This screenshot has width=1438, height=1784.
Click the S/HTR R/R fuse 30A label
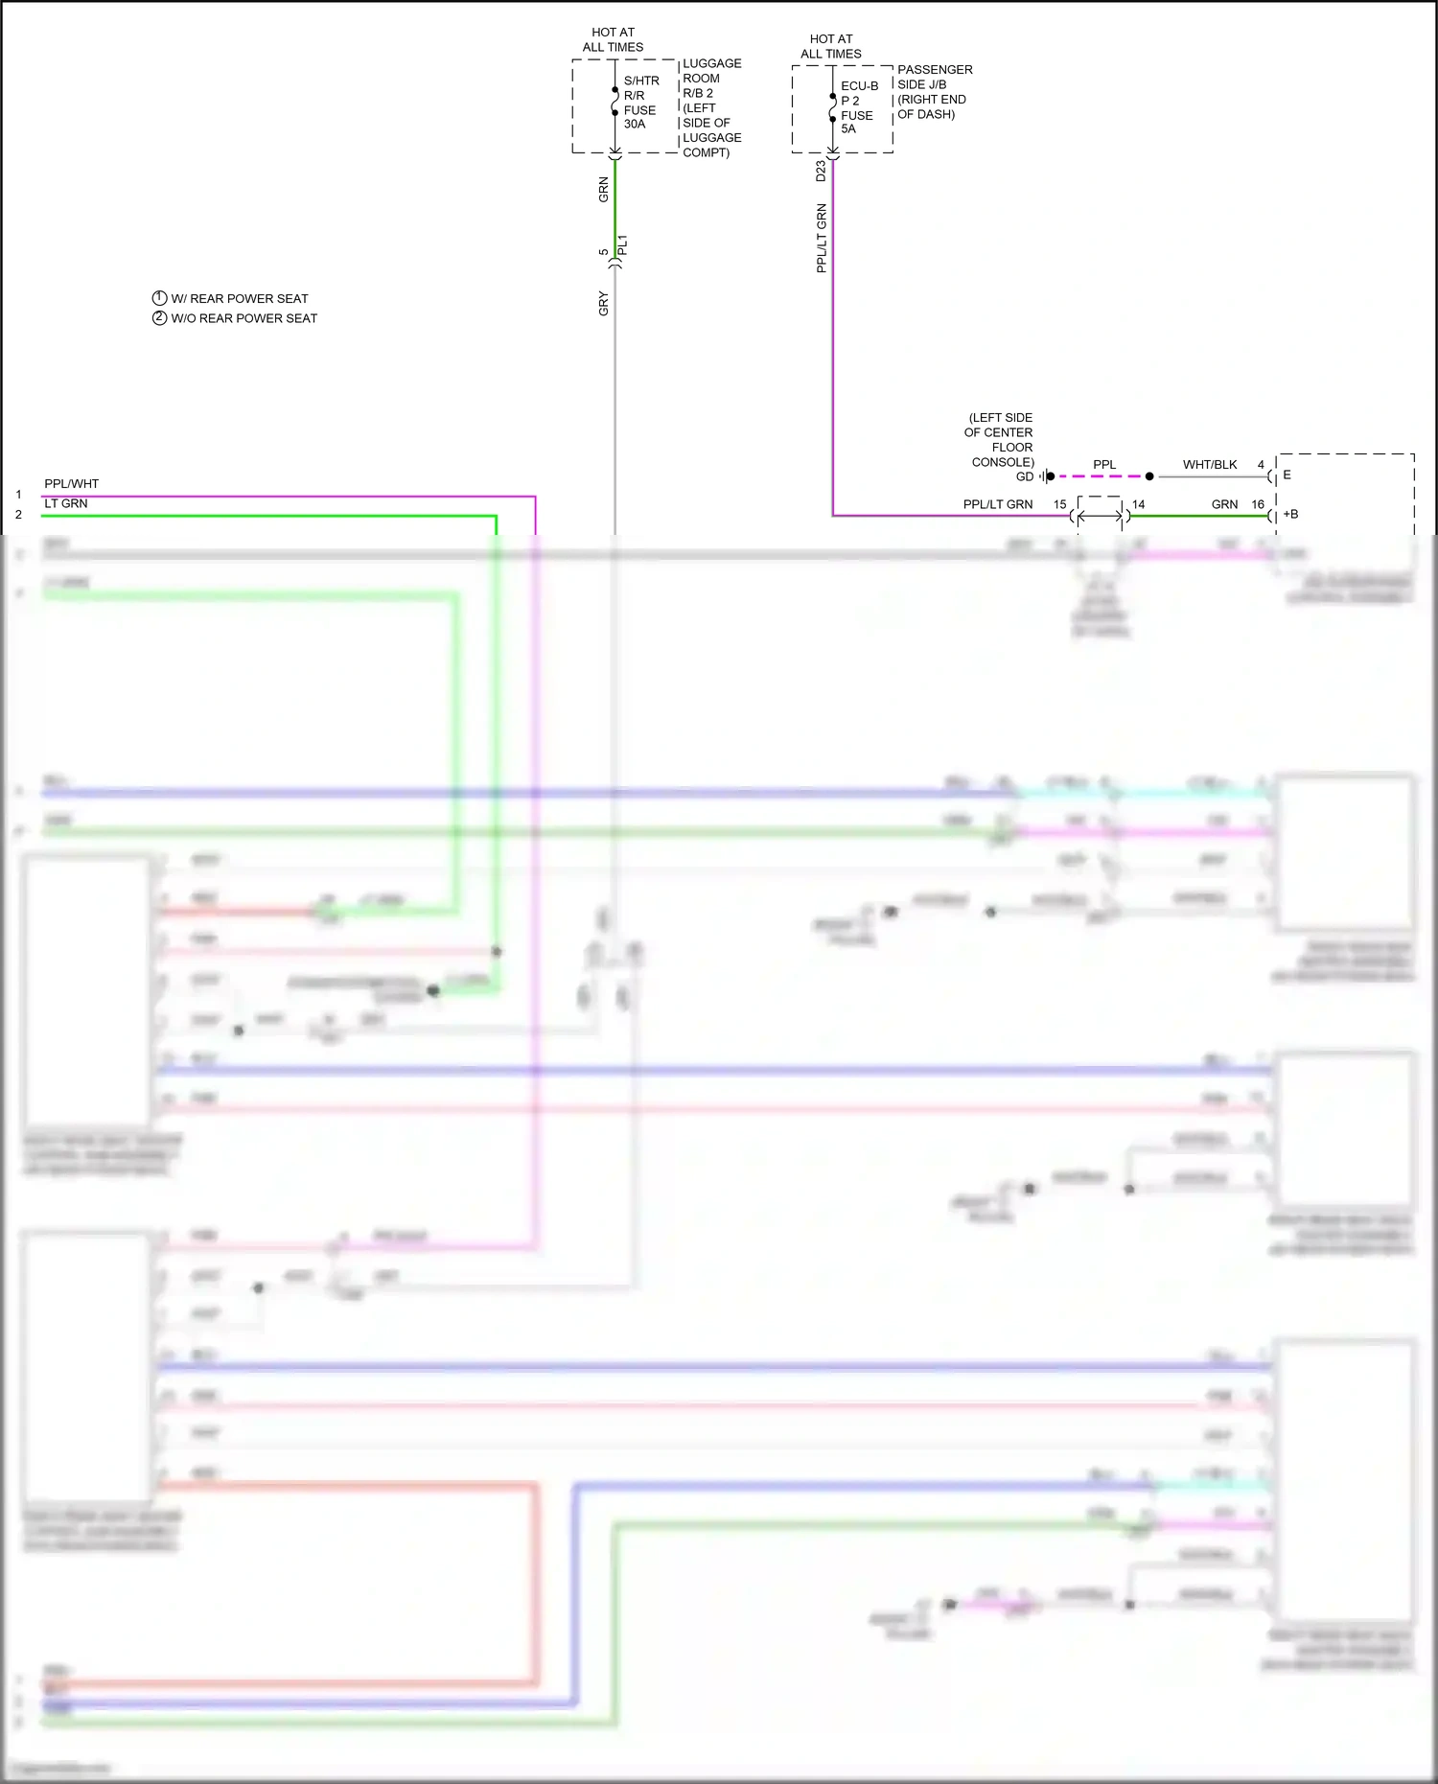pyautogui.click(x=640, y=102)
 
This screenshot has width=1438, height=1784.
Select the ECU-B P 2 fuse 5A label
pyautogui.click(x=858, y=107)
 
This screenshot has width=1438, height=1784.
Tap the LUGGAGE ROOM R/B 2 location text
pyautogui.click(x=711, y=107)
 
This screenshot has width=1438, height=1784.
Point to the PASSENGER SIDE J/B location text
pyautogui.click(x=934, y=92)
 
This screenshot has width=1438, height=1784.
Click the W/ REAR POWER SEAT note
pyautogui.click(x=239, y=299)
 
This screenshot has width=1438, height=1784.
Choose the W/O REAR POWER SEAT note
pyautogui.click(x=244, y=318)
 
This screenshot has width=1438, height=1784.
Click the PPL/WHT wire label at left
pyautogui.click(x=71, y=484)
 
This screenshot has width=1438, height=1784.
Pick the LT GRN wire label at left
pyautogui.click(x=65, y=503)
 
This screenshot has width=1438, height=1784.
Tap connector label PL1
pyautogui.click(x=622, y=245)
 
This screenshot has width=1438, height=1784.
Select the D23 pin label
pyautogui.click(x=821, y=171)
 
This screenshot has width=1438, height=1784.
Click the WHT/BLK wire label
pyautogui.click(x=1209, y=465)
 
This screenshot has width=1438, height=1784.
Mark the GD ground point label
pyautogui.click(x=1025, y=476)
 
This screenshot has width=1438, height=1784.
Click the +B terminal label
pyautogui.click(x=1290, y=515)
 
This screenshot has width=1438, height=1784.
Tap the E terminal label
pyautogui.click(x=1287, y=475)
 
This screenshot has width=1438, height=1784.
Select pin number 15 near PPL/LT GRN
pyautogui.click(x=1059, y=504)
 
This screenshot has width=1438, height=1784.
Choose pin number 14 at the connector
pyautogui.click(x=1138, y=504)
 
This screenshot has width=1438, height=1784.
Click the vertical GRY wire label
pyautogui.click(x=603, y=303)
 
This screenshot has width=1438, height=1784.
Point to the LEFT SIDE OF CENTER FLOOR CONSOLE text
pyautogui.click(x=1000, y=440)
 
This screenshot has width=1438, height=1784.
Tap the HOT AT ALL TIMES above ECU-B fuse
pyautogui.click(x=831, y=47)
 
